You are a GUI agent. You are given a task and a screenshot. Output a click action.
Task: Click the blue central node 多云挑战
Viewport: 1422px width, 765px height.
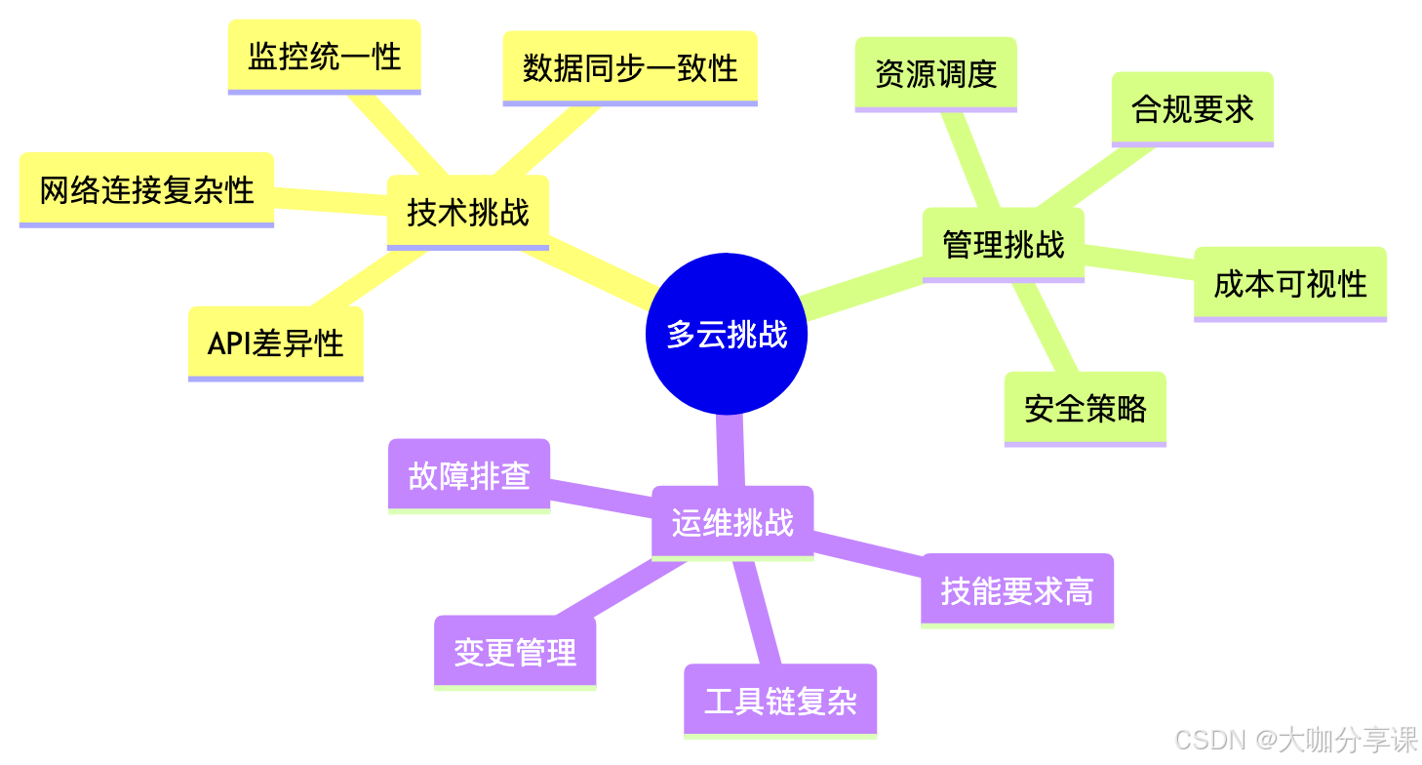[x=727, y=335]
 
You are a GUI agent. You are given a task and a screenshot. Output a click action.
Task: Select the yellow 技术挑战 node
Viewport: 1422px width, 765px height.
[x=468, y=212]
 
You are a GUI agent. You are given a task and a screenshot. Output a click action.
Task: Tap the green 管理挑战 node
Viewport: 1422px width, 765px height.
[x=1003, y=244]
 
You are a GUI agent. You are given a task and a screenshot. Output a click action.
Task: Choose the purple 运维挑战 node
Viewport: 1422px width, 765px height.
[x=732, y=523]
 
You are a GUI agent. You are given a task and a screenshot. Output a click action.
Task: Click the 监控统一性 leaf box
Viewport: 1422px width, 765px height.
[x=325, y=56]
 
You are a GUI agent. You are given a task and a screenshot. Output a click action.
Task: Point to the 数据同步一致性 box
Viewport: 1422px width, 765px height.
[x=630, y=67]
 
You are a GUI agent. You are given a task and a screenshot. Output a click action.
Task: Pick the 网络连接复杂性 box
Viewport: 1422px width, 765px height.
[x=146, y=189]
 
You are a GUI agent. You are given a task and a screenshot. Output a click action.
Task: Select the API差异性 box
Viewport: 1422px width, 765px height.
[x=276, y=343]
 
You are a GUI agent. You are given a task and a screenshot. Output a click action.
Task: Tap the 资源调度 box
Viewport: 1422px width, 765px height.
[x=935, y=73]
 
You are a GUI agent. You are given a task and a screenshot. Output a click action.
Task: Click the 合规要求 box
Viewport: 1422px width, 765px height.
[x=1192, y=108]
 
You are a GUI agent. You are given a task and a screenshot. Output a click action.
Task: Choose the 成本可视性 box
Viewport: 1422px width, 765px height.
[x=1289, y=284]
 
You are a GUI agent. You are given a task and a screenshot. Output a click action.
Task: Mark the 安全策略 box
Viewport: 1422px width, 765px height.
[x=1085, y=408]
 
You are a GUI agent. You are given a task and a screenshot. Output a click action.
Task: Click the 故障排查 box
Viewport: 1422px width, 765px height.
[x=469, y=475]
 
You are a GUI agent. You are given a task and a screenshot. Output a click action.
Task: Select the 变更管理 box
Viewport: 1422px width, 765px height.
[x=515, y=652]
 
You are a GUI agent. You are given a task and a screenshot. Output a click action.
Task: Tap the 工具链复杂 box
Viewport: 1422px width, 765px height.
[x=780, y=701]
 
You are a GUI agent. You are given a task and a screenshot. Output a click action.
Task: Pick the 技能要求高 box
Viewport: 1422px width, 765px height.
[x=1016, y=590]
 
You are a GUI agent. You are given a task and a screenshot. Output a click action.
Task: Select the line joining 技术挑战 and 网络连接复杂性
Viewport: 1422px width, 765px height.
[x=332, y=200]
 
